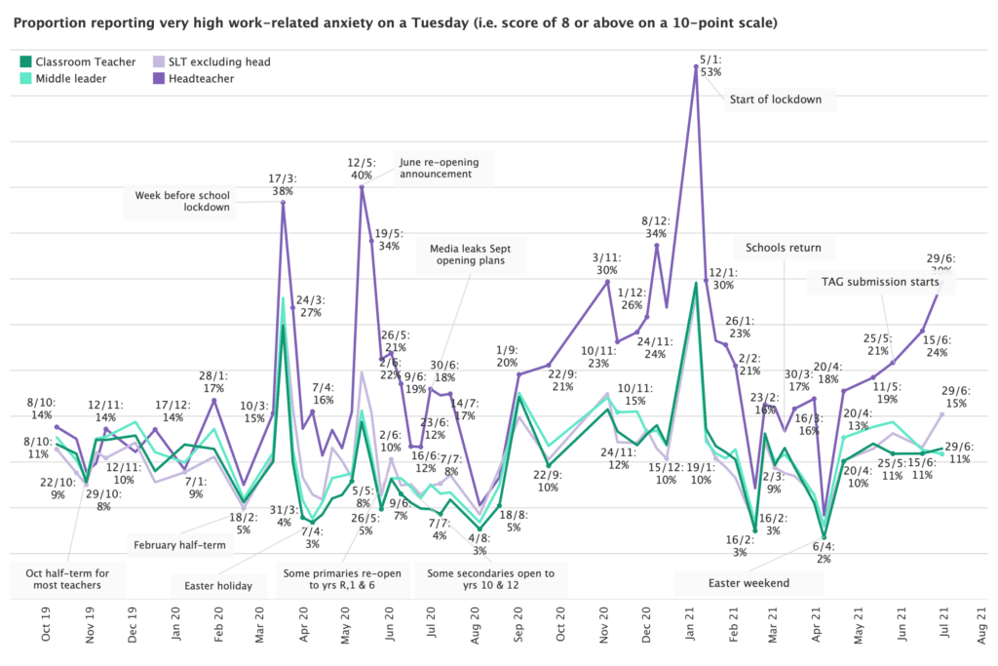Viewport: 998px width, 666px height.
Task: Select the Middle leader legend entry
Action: (x=71, y=79)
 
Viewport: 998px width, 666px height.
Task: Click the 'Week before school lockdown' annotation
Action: (x=182, y=200)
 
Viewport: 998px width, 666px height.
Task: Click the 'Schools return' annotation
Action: (x=784, y=248)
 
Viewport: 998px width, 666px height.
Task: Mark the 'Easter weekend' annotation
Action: (x=748, y=583)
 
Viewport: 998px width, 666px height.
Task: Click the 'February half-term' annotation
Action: (x=178, y=545)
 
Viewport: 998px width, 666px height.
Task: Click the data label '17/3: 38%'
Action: (x=283, y=184)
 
